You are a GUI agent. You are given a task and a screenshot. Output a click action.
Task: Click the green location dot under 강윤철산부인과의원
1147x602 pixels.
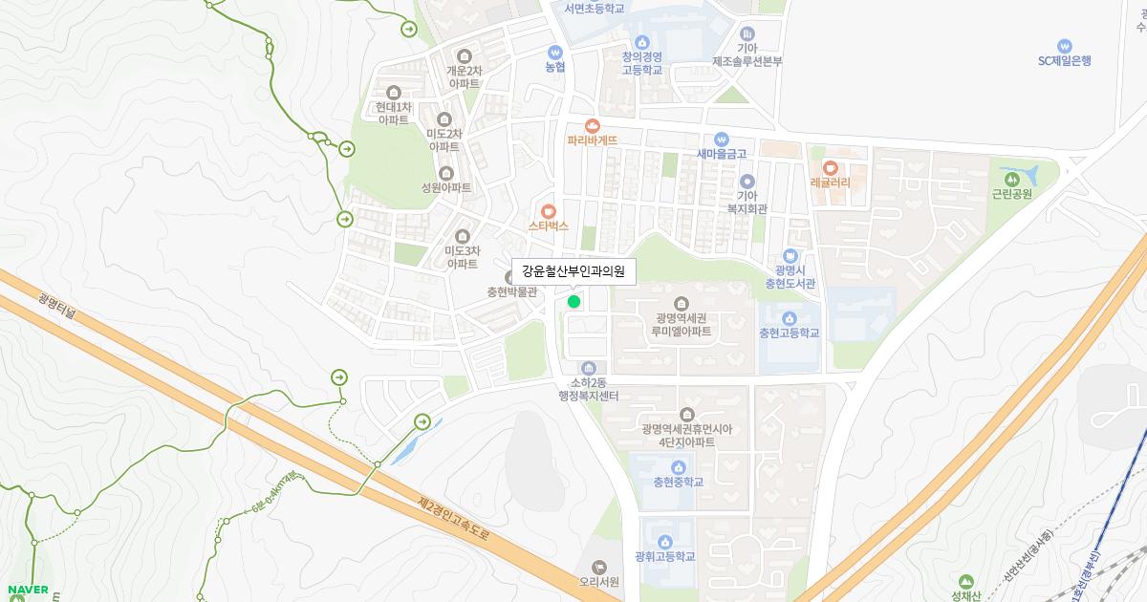(x=573, y=302)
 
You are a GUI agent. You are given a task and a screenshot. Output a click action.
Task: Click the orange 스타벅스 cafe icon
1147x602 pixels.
(x=548, y=211)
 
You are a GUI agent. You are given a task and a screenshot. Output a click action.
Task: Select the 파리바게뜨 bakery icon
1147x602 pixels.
(x=593, y=125)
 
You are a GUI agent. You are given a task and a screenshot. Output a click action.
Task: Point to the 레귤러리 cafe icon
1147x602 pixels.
(x=830, y=167)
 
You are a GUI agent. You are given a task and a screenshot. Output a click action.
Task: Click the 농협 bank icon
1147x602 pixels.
(x=554, y=52)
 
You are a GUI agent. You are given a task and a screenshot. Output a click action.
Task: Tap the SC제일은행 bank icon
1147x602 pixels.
(x=1064, y=46)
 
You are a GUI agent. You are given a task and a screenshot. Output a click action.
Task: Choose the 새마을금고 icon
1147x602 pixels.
(x=721, y=139)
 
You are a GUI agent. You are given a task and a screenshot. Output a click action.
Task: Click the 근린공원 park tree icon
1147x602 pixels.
(x=1011, y=178)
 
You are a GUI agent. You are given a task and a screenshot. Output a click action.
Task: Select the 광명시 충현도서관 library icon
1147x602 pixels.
(x=790, y=255)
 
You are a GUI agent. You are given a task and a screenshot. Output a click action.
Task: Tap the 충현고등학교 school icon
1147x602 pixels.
(x=789, y=318)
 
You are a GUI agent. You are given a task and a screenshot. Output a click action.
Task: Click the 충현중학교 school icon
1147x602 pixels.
(x=678, y=467)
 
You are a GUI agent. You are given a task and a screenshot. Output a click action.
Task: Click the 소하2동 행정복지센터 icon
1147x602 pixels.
(x=588, y=369)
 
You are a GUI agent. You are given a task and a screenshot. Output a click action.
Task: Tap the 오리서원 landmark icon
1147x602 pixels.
(x=599, y=568)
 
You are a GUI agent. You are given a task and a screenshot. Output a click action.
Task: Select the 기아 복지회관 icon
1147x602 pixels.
(x=747, y=181)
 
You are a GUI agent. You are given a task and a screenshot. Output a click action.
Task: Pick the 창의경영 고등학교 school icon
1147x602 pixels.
(x=641, y=42)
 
